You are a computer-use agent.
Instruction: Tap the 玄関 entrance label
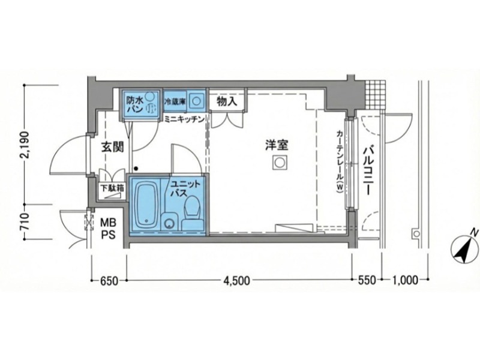112,146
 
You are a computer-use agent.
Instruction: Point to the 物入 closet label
227,102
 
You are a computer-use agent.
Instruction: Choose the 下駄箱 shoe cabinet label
112,188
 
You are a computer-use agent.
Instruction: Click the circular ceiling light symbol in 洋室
279,162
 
